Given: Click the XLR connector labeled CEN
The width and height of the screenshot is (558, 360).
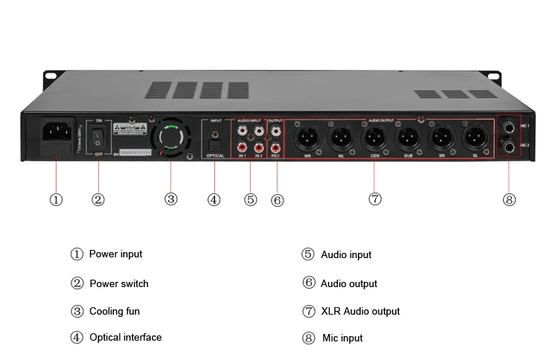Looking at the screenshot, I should point(374,138).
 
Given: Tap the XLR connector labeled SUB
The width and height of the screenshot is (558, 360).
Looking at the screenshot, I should point(408,138).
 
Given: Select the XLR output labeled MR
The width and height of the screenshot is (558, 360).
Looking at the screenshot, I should point(307,138).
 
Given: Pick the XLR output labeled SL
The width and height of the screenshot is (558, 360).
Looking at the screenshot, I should point(475,138).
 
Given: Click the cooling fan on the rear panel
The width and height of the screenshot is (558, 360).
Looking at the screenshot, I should point(170,139).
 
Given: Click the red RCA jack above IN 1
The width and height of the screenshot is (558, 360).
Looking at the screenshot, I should point(242,147).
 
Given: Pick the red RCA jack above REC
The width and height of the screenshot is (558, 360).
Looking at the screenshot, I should point(276,147).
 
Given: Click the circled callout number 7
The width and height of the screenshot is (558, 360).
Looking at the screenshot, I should point(374,199).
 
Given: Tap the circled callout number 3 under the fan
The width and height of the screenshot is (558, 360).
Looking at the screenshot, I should point(171,199).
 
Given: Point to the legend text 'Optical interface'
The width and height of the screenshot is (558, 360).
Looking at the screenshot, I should point(125,337).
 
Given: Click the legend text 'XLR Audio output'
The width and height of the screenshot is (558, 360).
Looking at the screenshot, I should point(360,311).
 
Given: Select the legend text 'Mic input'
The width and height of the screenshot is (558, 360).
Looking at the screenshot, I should point(342,338).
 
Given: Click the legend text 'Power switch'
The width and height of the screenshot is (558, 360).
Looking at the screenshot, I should point(118,283).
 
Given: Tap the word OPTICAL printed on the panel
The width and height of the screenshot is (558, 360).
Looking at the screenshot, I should point(215,157).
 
